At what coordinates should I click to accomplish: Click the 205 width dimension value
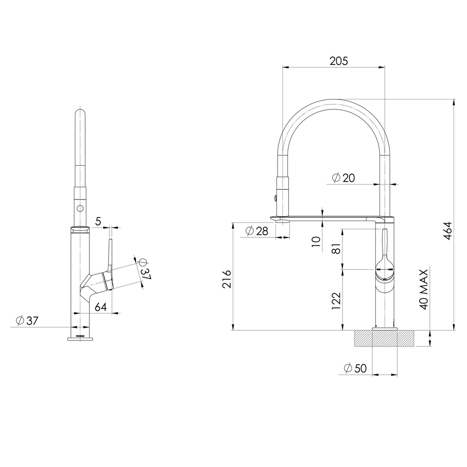click(339, 61)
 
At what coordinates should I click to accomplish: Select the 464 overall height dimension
click(448, 230)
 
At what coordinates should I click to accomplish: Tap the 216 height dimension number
click(227, 279)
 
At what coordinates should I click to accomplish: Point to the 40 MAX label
click(424, 289)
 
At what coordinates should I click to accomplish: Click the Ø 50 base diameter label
click(355, 368)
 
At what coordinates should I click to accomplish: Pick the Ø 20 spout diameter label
click(343, 178)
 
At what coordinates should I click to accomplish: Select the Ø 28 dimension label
click(257, 231)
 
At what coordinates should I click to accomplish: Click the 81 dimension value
click(336, 248)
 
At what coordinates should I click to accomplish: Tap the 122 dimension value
click(336, 301)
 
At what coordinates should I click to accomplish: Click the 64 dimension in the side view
click(101, 307)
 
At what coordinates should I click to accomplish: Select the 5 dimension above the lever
click(98, 221)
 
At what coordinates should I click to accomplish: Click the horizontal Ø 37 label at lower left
click(27, 320)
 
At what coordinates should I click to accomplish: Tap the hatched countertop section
click(384, 339)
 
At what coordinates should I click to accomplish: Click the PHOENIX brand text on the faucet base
click(80, 336)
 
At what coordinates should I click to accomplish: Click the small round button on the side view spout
click(80, 208)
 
